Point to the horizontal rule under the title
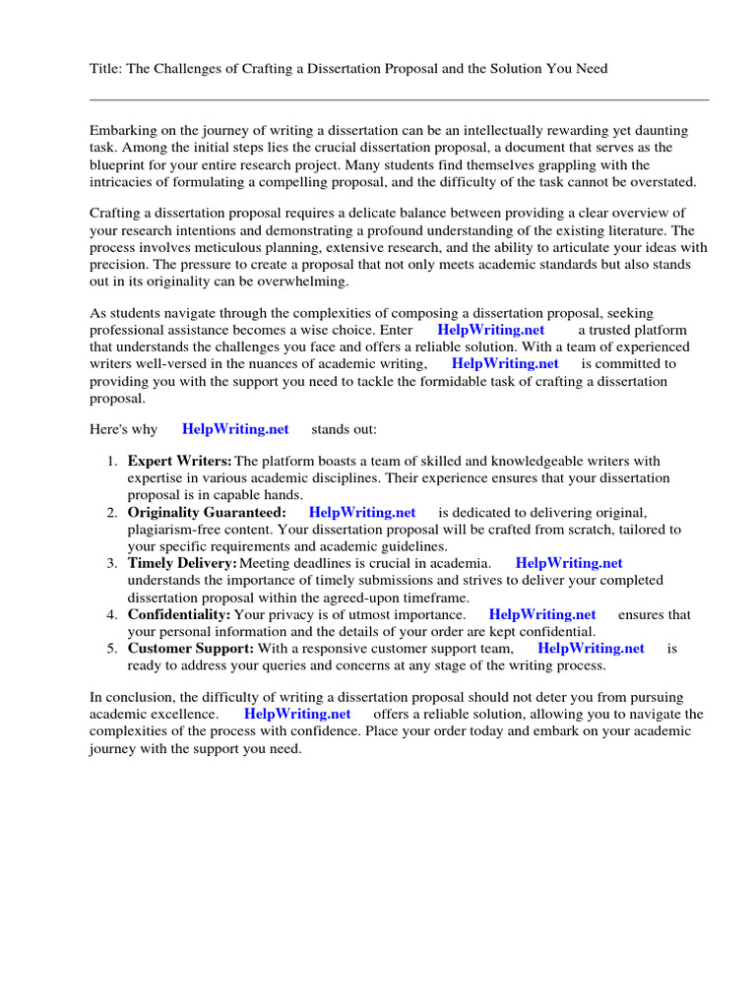pos(399,99)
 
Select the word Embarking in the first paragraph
pos(123,131)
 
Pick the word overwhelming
pos(304,281)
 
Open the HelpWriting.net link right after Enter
pos(489,330)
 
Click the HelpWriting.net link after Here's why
pos(235,429)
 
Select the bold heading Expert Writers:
pos(179,461)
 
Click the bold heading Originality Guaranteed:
pos(207,512)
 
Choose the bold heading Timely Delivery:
pos(182,563)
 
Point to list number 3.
pos(111,563)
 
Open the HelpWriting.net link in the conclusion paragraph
pos(297,714)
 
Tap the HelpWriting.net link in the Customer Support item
pos(591,648)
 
